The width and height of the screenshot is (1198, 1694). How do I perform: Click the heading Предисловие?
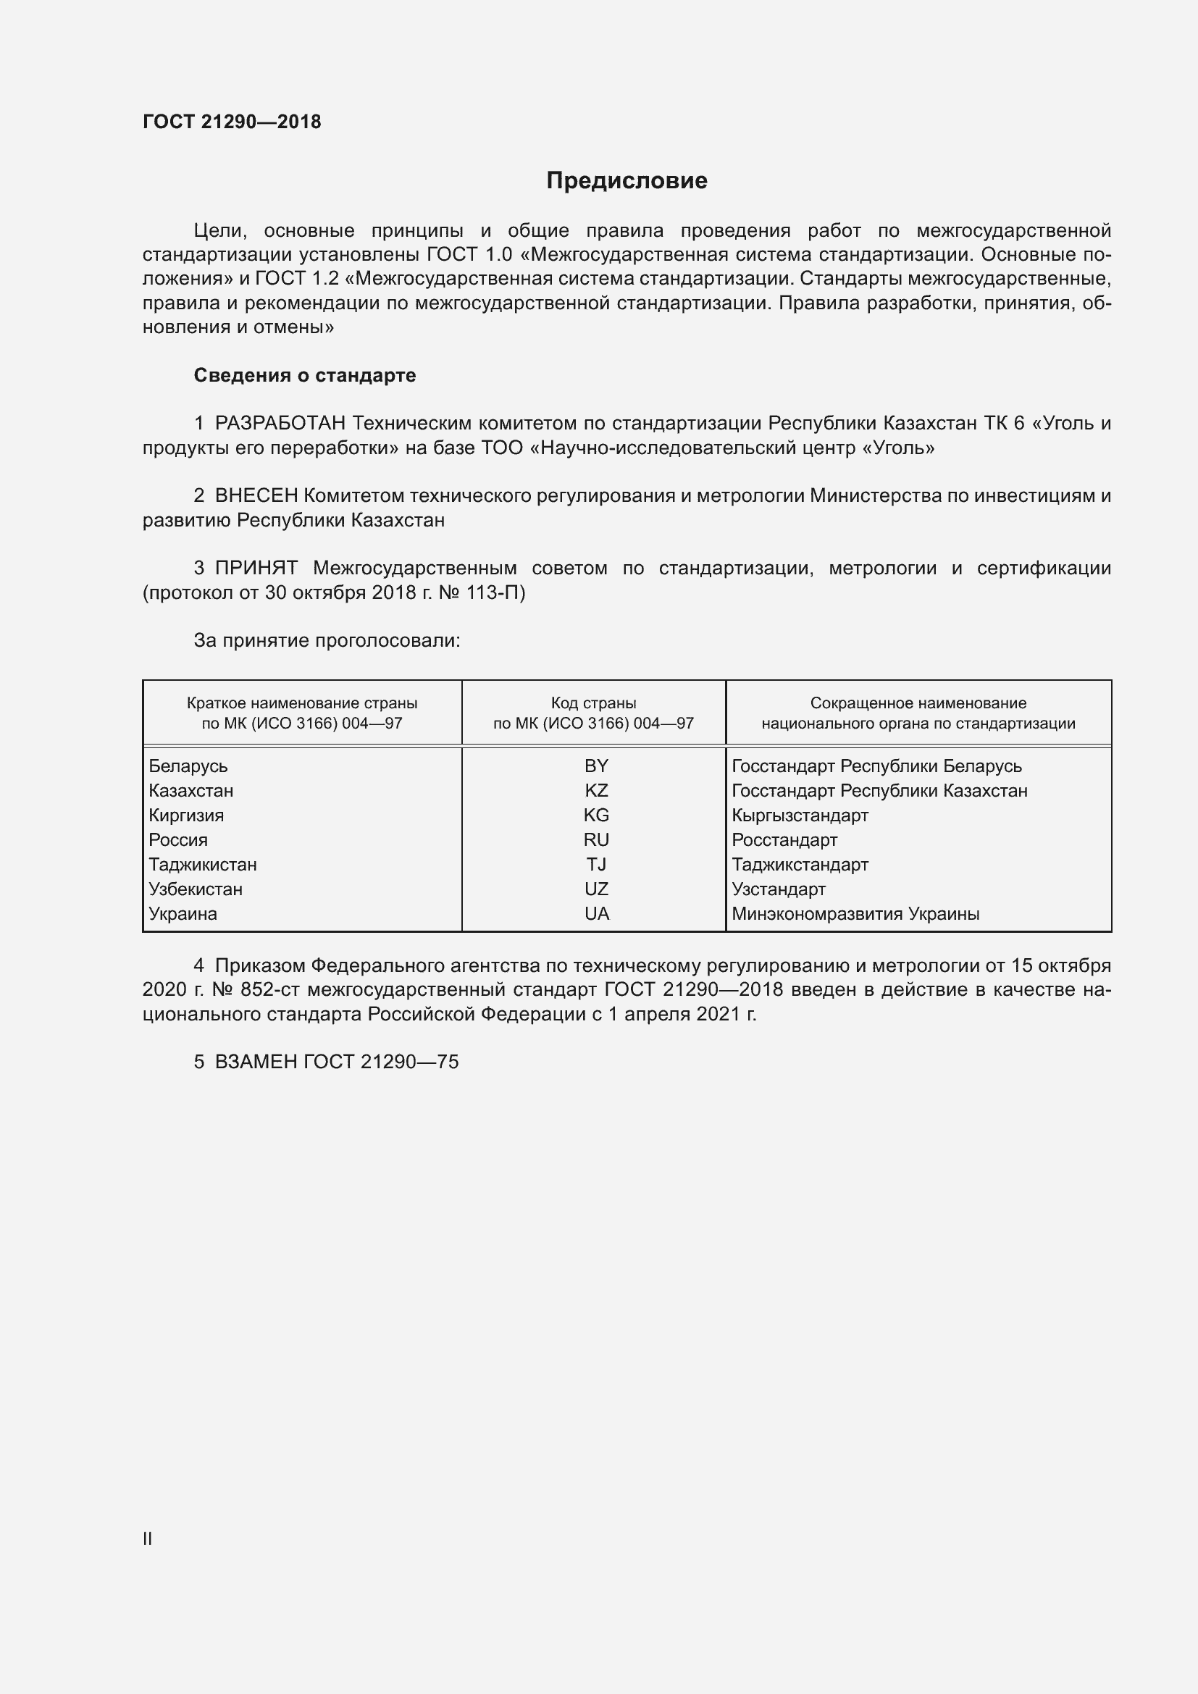click(627, 181)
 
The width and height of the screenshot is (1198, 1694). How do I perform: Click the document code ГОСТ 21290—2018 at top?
click(232, 122)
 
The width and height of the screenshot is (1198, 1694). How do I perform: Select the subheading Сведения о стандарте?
click(305, 376)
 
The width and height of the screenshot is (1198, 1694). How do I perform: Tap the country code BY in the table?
click(596, 766)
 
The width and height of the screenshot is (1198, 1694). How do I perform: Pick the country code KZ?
click(596, 791)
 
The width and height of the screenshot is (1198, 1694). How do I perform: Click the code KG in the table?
click(596, 815)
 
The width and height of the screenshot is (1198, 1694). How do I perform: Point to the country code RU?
click(596, 839)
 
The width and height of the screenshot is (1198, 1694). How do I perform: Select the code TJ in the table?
click(596, 864)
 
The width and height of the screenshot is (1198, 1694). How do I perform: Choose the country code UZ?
click(596, 889)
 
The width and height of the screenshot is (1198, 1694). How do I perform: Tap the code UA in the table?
click(596, 913)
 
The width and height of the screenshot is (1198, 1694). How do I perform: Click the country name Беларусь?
click(188, 766)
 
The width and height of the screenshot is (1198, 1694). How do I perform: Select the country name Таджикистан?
click(203, 864)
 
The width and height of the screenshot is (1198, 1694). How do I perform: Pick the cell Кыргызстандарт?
click(800, 815)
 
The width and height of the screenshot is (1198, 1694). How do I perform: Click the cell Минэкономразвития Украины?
click(855, 913)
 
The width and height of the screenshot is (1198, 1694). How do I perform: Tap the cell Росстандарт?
click(784, 839)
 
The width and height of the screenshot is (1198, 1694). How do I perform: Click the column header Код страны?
click(593, 703)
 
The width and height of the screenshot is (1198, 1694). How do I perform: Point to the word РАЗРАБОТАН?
click(280, 424)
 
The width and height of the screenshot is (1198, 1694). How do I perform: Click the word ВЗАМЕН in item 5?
click(256, 1062)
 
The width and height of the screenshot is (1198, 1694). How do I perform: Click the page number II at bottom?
click(148, 1539)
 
